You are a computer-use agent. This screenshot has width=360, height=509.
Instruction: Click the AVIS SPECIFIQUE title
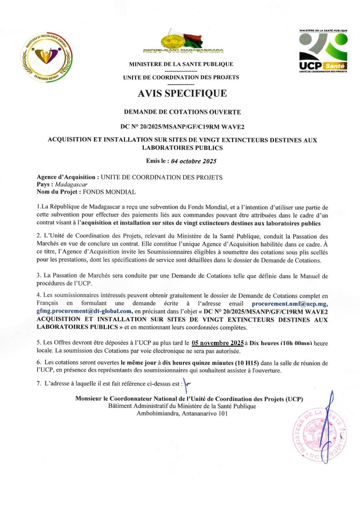pyautogui.click(x=182, y=93)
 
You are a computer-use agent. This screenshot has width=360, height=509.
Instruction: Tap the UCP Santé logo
pyautogui.click(x=323, y=51)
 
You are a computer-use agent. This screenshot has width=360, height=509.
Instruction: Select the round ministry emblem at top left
pyautogui.click(x=47, y=57)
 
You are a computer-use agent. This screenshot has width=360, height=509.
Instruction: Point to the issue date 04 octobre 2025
pyautogui.click(x=193, y=161)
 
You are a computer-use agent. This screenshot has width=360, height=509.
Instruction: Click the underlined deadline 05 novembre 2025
pyautogui.click(x=218, y=343)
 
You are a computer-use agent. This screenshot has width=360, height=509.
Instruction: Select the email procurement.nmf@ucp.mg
pyautogui.click(x=290, y=304)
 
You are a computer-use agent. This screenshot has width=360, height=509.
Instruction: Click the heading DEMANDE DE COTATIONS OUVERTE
pyautogui.click(x=182, y=112)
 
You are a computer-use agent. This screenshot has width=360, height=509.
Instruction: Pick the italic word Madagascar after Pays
pyautogui.click(x=71, y=184)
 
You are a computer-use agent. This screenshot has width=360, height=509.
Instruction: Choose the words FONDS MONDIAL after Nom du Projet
pyautogui.click(x=109, y=192)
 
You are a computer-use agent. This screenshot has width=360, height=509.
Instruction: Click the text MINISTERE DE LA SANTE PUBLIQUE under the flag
pyautogui.click(x=181, y=64)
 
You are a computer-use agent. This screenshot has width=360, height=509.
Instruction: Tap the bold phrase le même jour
pyautogui.click(x=138, y=363)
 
